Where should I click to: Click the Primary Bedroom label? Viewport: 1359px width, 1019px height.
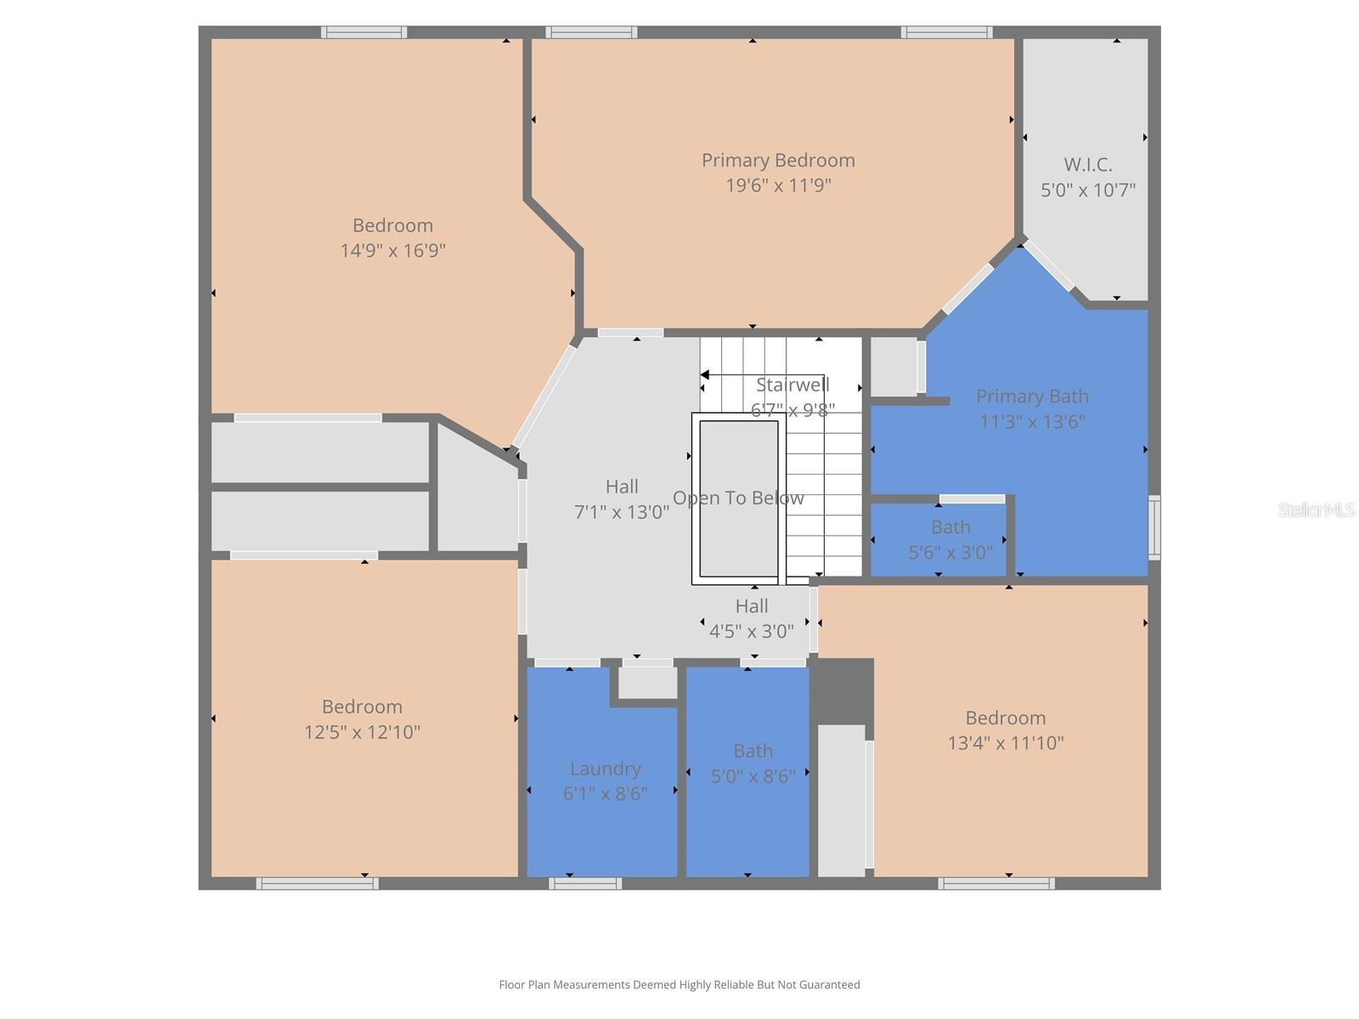click(778, 160)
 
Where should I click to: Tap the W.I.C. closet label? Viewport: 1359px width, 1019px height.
click(1088, 165)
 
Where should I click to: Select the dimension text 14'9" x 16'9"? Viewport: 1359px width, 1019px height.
click(392, 251)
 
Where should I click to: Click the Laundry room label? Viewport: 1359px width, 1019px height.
click(605, 768)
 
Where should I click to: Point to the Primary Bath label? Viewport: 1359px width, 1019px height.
click(1032, 397)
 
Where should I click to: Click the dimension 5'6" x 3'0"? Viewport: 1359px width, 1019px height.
click(950, 553)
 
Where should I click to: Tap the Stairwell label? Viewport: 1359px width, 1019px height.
click(792, 385)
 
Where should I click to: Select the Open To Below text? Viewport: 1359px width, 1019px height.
click(738, 498)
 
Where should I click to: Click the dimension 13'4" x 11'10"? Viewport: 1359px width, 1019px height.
click(1006, 743)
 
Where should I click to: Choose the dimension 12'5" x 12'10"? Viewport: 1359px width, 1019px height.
click(363, 732)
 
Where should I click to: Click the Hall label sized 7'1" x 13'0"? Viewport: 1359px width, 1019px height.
click(622, 487)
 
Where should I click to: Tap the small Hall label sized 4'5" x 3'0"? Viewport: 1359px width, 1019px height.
click(752, 606)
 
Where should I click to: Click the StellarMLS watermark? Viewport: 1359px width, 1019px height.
click(1317, 509)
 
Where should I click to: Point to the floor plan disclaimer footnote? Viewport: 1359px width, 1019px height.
click(679, 985)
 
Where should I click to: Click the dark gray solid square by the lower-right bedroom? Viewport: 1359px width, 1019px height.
click(842, 690)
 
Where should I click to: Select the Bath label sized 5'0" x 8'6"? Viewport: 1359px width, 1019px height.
click(753, 752)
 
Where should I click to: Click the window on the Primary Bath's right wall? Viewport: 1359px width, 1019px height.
click(1154, 527)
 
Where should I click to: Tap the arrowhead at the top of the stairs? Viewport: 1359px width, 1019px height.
click(704, 374)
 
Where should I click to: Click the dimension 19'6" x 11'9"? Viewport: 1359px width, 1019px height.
click(778, 185)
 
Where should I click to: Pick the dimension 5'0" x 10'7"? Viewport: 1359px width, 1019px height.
click(1088, 190)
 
